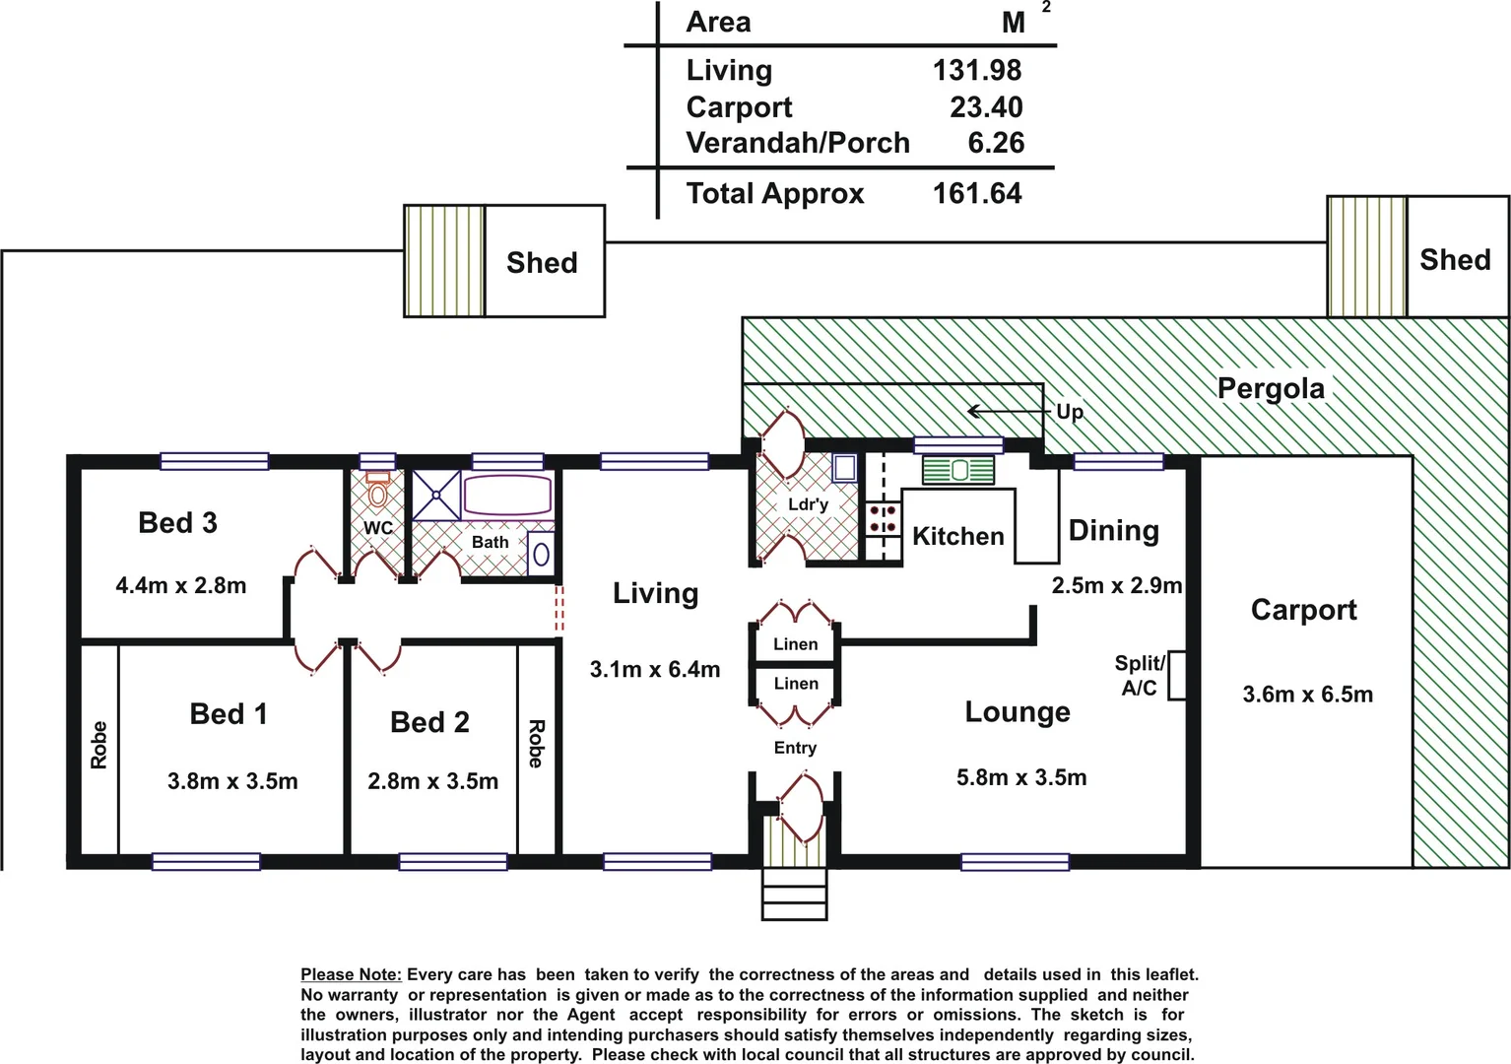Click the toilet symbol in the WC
[378, 490]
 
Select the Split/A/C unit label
[1140, 675]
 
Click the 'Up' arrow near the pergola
[1005, 411]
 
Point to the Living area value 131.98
[976, 71]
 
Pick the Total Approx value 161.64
[976, 193]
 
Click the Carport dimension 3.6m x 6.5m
[1307, 695]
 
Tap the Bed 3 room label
[177, 523]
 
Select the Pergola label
[1271, 388]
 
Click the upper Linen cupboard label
[795, 644]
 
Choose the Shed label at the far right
[1455, 260]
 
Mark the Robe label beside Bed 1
[99, 745]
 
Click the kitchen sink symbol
[958, 471]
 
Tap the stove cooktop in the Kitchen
[883, 519]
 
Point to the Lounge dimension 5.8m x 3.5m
[1021, 777]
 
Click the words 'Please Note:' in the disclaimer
[351, 974]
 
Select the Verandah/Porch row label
[797, 143]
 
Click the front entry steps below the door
[794, 895]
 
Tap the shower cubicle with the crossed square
[435, 495]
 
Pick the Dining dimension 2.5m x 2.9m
[1116, 585]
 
